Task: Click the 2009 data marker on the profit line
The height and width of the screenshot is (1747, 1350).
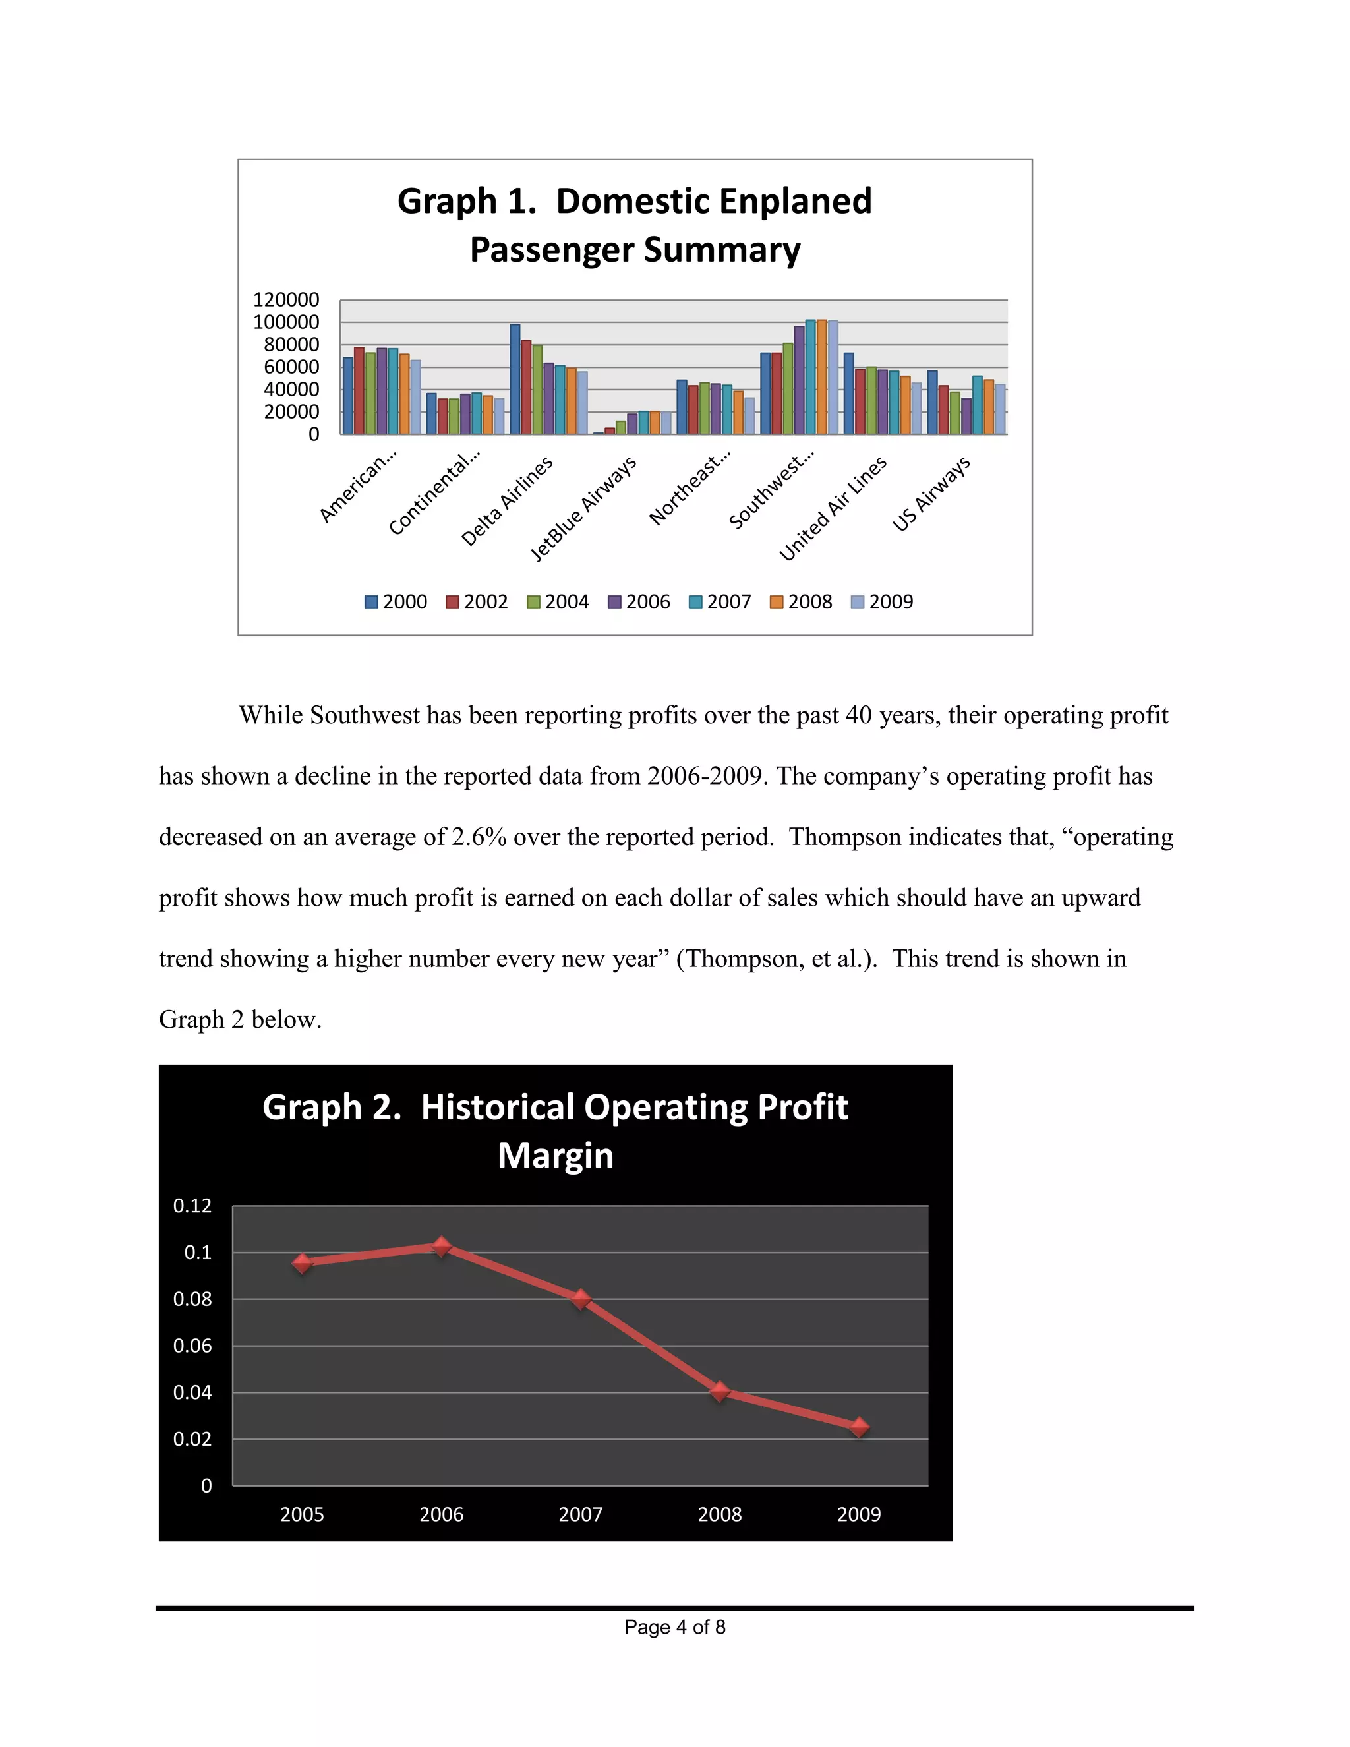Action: [x=859, y=1427]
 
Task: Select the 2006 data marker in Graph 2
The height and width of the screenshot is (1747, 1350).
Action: [x=442, y=1246]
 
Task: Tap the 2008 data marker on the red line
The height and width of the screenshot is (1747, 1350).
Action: [x=720, y=1392]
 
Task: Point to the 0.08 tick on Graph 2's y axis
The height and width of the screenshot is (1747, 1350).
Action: [x=192, y=1299]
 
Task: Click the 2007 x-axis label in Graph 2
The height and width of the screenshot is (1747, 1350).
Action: [x=581, y=1514]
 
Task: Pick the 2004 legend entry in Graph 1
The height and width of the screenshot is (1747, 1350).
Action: [x=558, y=601]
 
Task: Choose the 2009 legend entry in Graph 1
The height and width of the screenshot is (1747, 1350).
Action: [x=882, y=601]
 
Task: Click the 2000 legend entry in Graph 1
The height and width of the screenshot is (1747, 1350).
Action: [x=396, y=601]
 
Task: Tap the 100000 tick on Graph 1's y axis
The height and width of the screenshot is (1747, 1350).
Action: [x=286, y=322]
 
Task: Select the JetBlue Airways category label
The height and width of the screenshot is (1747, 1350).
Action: [x=584, y=509]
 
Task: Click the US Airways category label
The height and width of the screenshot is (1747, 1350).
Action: [x=931, y=494]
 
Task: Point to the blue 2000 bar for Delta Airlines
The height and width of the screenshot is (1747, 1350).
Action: [x=515, y=379]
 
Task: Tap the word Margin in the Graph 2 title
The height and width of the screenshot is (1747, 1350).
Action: [x=556, y=1156]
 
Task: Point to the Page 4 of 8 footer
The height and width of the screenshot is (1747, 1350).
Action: [x=674, y=1627]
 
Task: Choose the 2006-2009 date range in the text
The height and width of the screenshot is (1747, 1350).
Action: [x=704, y=776]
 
